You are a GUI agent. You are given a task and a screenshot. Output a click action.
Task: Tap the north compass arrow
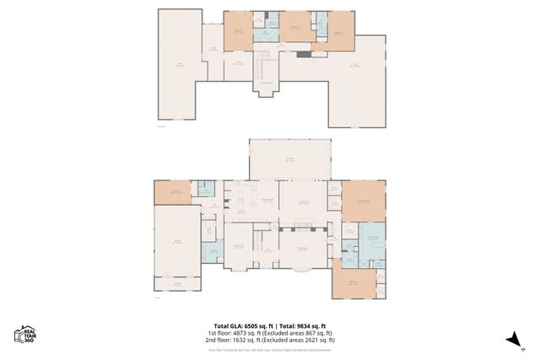(x=512, y=338)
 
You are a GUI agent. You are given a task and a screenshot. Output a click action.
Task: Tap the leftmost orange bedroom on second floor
(x=238, y=30)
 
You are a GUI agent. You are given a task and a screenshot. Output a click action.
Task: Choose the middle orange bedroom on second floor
(x=295, y=29)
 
